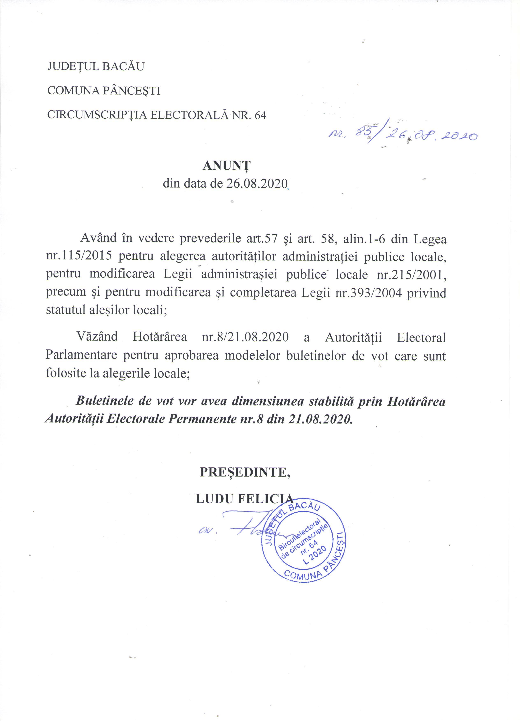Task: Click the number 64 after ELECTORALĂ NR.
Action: click(260, 115)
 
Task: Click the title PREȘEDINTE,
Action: click(245, 472)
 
